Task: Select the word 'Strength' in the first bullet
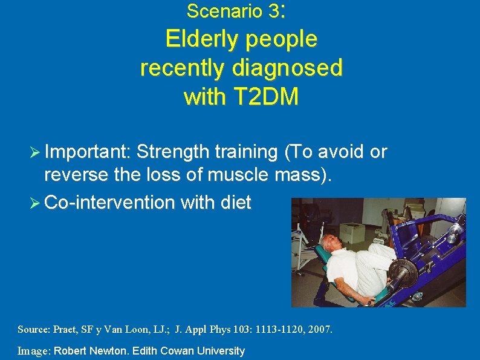pos(175,152)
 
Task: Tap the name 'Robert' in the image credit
pos(73,351)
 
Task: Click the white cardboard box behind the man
pos(353,232)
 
